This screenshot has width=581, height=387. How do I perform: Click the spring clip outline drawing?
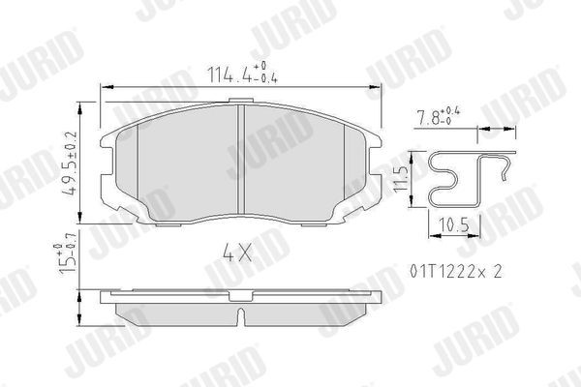[x=465, y=180]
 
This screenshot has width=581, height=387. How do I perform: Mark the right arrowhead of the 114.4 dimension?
[x=375, y=88]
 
